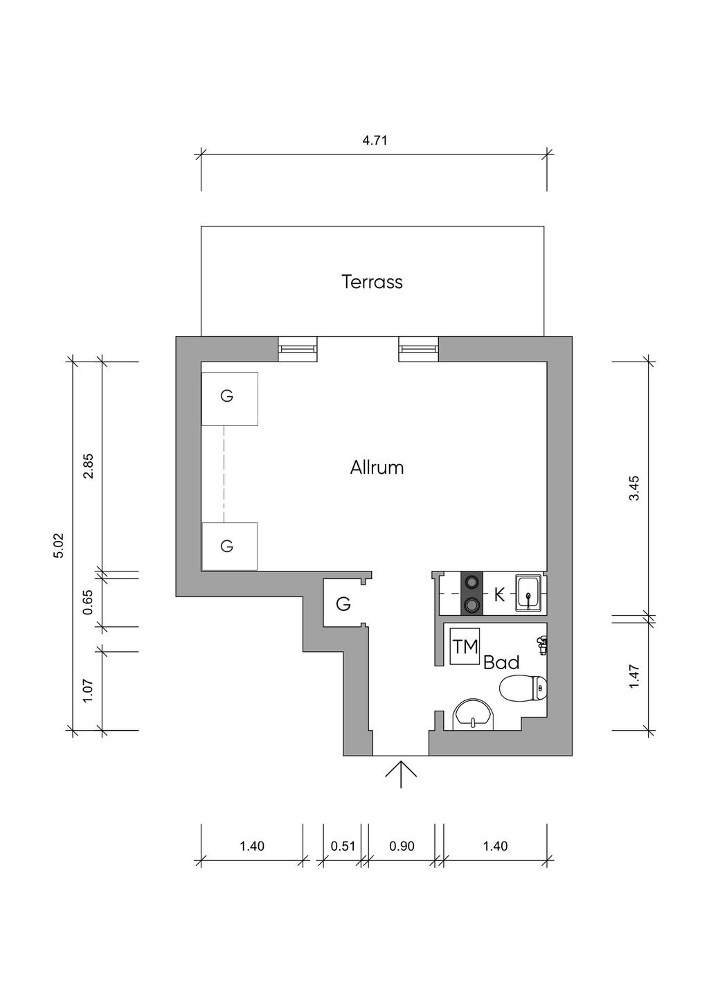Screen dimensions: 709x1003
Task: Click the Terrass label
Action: tap(372, 282)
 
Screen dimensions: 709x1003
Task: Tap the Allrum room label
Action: tap(377, 468)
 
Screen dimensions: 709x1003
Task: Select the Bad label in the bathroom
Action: tap(501, 663)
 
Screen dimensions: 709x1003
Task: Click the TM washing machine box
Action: tap(465, 647)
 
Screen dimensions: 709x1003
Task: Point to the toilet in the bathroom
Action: tap(523, 689)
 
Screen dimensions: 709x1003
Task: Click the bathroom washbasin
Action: tap(472, 715)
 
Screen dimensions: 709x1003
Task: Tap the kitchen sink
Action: tap(529, 594)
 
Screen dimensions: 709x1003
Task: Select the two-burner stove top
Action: tap(472, 594)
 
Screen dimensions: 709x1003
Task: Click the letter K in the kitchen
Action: tap(499, 595)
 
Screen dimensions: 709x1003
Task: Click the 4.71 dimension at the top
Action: tap(375, 141)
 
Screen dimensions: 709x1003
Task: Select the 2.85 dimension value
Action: tap(89, 466)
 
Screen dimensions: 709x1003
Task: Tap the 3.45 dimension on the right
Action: tap(634, 488)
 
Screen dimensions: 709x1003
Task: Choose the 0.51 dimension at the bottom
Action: tap(343, 846)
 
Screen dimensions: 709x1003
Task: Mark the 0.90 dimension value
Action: tap(402, 846)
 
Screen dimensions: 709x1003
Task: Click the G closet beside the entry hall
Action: tap(343, 604)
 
